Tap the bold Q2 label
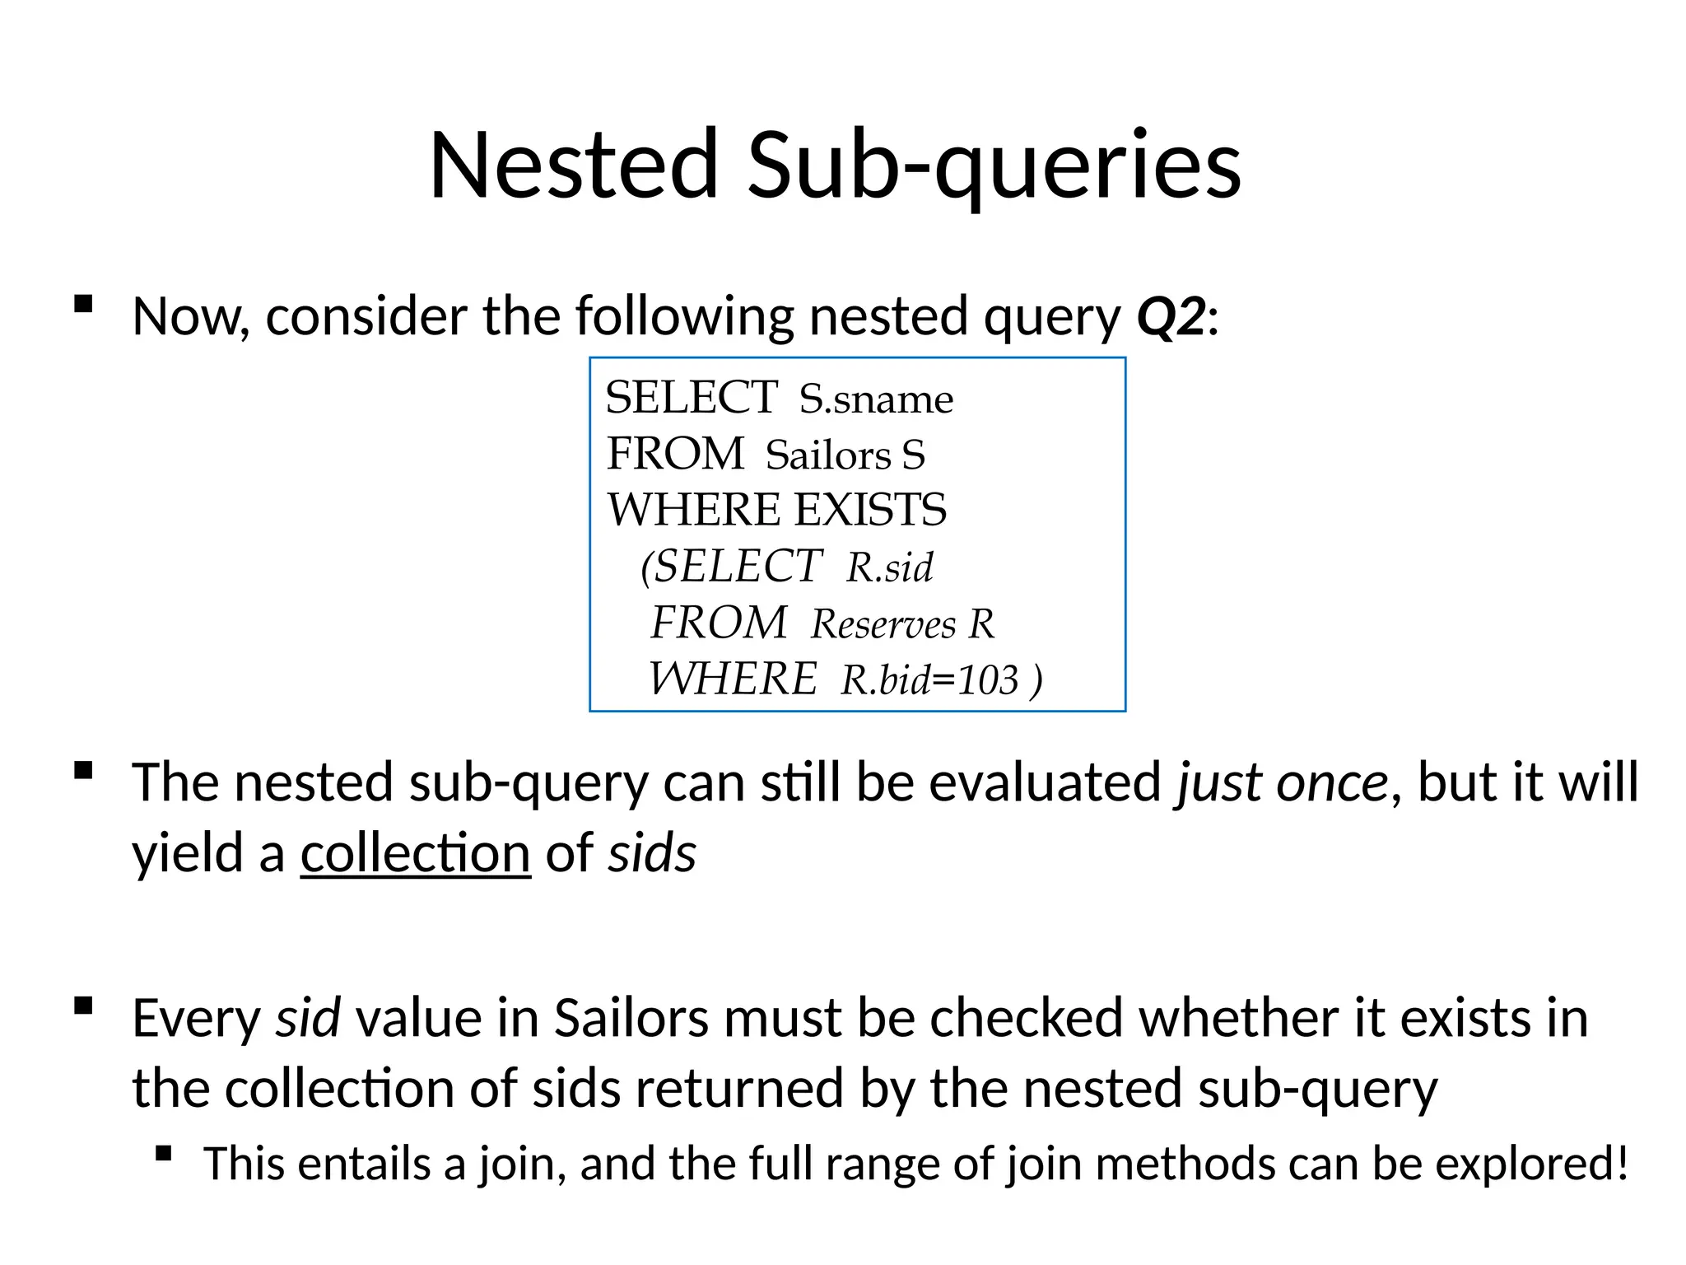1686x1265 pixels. coord(1171,316)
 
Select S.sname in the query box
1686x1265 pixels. coord(876,399)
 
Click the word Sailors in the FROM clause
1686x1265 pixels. coord(827,455)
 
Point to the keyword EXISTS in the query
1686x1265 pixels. coord(870,510)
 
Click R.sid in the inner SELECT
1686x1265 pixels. coord(889,567)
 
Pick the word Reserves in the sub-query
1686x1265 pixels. coord(883,624)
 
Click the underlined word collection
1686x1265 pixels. coord(416,852)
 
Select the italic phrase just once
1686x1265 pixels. coord(1283,782)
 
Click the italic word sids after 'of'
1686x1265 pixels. coord(652,852)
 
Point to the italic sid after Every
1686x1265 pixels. coord(307,1018)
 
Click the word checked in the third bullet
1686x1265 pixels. coord(1027,1018)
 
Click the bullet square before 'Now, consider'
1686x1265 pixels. coord(82,304)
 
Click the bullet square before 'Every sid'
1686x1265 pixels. coord(82,1006)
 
